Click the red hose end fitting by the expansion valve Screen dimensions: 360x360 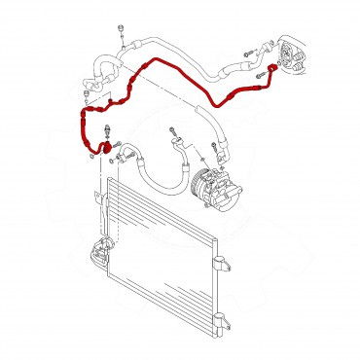coord(272,69)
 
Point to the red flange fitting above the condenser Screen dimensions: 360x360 coord(97,147)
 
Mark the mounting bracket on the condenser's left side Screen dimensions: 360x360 coord(95,255)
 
